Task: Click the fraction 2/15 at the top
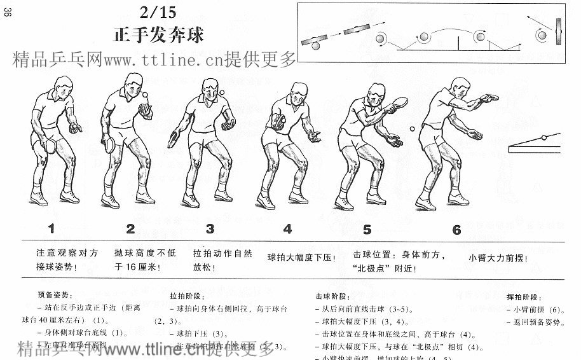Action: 156,11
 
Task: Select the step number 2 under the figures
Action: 130,229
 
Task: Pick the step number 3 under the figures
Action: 210,229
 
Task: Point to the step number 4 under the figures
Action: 288,229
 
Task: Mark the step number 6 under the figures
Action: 456,230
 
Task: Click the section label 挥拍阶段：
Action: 524,297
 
